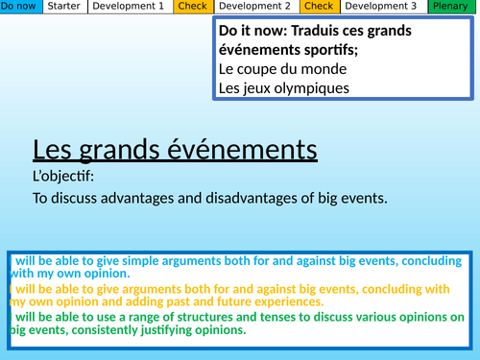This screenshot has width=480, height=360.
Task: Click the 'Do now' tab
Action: (x=21, y=7)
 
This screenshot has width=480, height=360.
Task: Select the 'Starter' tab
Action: (x=64, y=7)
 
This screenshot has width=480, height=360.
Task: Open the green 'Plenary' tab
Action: (x=450, y=7)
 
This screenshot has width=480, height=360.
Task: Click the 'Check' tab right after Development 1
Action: (x=190, y=7)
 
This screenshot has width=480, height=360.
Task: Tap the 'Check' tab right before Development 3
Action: (x=318, y=7)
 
